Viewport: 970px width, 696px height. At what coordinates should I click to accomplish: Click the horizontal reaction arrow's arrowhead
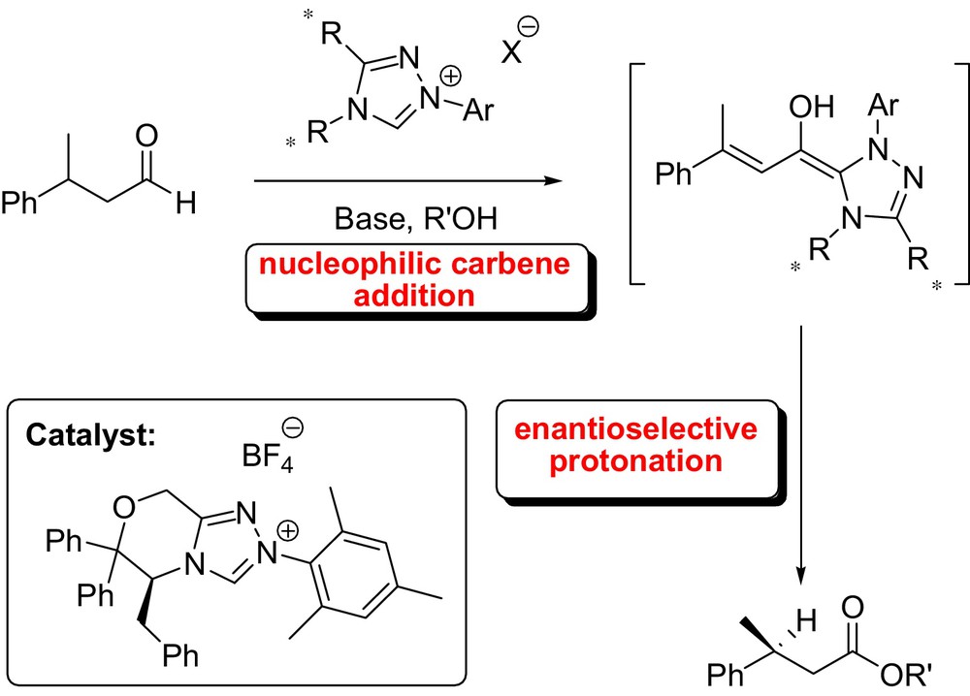(554, 180)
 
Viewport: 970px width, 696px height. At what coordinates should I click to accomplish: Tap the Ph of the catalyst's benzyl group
(180, 659)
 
